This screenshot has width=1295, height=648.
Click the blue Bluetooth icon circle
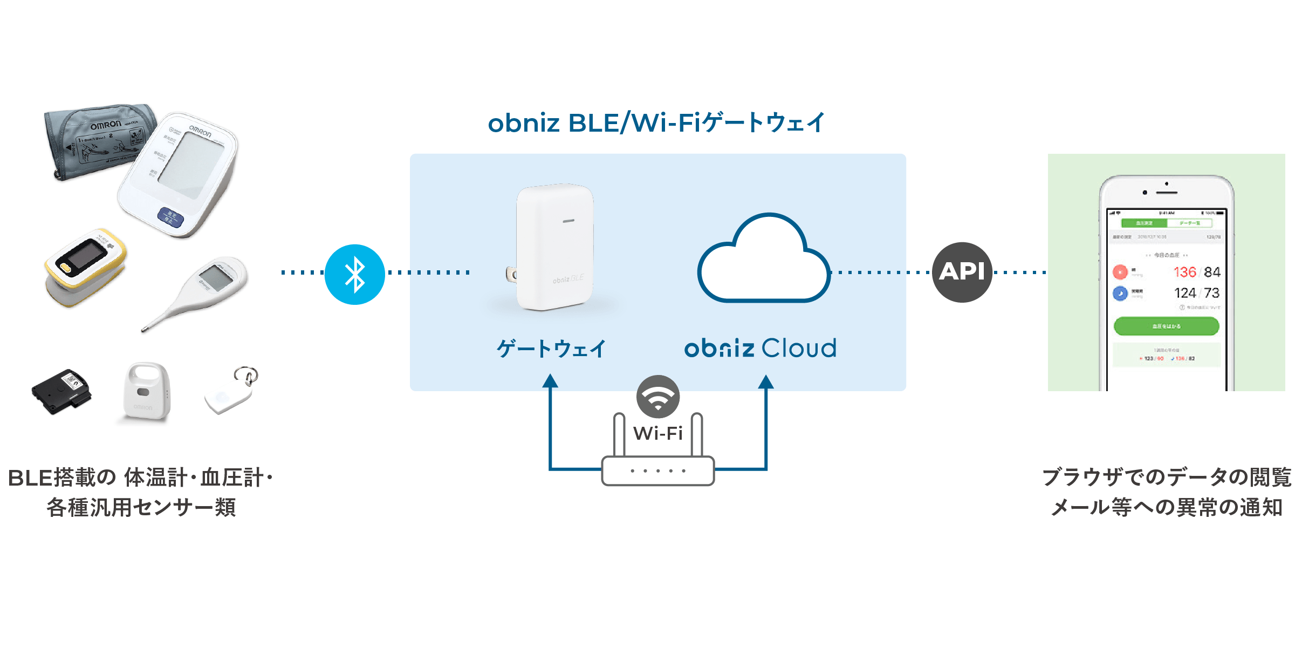click(354, 274)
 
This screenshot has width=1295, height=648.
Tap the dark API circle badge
click(962, 272)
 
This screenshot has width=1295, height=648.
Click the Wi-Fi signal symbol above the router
click(657, 397)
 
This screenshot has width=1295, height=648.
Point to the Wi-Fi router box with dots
click(657, 470)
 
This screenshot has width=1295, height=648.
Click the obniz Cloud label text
click(760, 348)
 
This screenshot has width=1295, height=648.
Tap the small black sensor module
click(61, 391)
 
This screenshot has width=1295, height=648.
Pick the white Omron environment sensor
click(145, 391)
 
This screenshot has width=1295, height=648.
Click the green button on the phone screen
click(1166, 326)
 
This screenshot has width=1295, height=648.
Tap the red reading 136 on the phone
click(1184, 272)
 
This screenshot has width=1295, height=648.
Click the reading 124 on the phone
click(1184, 293)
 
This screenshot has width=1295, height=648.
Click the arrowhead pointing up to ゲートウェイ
click(550, 381)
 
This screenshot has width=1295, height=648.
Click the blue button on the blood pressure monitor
click(170, 217)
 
